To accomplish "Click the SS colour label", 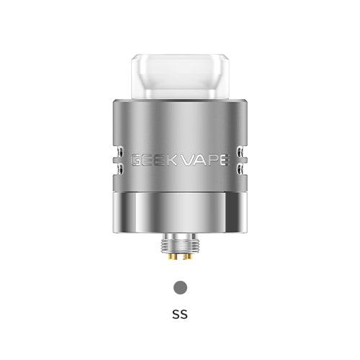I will tap(180, 314).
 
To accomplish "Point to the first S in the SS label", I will tap(176, 314).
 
